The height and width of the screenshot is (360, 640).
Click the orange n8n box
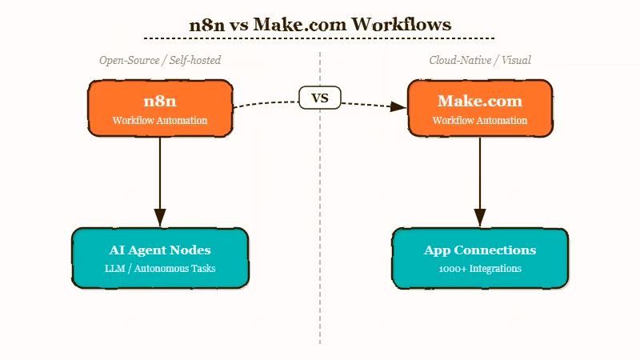click(x=160, y=108)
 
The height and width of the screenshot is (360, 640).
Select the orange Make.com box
click(x=480, y=108)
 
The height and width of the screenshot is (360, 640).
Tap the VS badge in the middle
click(x=320, y=98)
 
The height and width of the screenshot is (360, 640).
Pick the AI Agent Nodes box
click(x=160, y=258)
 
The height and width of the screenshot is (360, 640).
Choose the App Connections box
click(x=480, y=258)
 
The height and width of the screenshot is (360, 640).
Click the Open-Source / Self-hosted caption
click(x=160, y=60)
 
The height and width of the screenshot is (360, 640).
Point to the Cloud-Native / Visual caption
click(x=480, y=60)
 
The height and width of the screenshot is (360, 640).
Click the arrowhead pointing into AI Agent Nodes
click(x=160, y=218)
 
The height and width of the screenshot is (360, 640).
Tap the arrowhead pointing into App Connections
click(x=480, y=218)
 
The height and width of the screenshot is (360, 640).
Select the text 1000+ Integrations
click(x=480, y=269)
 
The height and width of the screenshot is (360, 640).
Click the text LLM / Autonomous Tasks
click(x=160, y=269)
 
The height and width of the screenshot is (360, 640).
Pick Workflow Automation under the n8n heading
click(x=160, y=121)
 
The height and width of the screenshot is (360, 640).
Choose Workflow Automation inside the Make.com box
click(x=480, y=121)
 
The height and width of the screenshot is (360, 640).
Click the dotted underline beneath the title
click(x=319, y=38)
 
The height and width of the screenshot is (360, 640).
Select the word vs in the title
click(x=240, y=25)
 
